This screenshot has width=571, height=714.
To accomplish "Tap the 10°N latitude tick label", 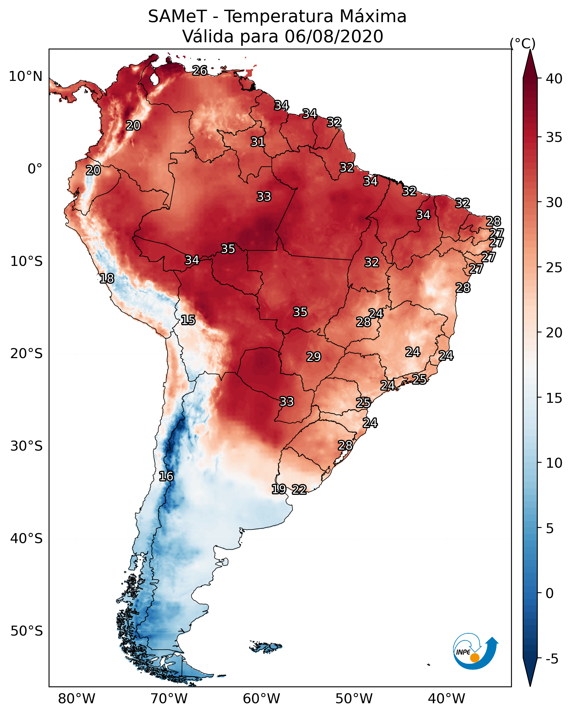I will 25,76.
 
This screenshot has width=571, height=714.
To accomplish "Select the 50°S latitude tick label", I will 27,631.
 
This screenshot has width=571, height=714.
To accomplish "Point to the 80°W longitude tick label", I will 77,699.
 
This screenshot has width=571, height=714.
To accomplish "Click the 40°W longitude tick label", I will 446,699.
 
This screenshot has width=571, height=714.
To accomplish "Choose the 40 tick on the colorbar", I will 554,79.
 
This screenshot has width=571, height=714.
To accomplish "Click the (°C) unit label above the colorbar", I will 522,43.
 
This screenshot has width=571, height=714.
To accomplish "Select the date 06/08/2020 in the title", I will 334,36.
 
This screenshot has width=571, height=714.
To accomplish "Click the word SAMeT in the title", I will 177,17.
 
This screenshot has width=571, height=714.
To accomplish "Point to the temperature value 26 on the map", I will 200,70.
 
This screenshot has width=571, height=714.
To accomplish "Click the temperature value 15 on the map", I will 188,320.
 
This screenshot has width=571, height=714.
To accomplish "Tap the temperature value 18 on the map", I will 107,279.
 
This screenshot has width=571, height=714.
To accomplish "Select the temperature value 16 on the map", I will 166,476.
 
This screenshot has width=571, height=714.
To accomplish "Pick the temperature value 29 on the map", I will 314,357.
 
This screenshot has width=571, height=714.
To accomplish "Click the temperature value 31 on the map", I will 257,142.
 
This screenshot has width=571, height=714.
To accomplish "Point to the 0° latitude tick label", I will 35,169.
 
